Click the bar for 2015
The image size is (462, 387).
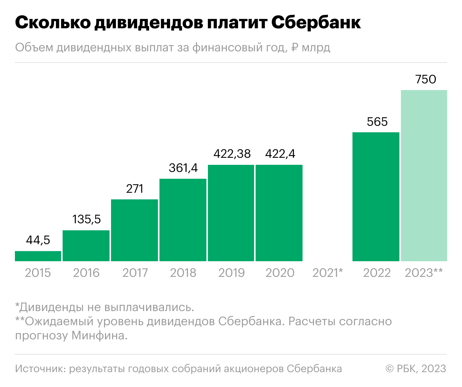[x=38, y=256]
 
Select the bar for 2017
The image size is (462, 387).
[x=135, y=230]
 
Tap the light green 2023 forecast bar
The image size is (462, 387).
[x=424, y=175]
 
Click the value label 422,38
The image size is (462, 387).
[x=232, y=154]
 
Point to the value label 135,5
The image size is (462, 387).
[x=86, y=219]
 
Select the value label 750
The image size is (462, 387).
[x=425, y=79]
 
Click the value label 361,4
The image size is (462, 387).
[x=183, y=168]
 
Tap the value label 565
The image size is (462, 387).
[x=377, y=122]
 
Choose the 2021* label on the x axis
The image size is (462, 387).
[x=327, y=273]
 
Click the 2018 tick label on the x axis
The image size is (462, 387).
[x=183, y=273]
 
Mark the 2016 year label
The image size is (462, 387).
[x=86, y=273]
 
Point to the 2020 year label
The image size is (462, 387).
[x=280, y=273]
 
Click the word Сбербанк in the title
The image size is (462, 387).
[x=316, y=23]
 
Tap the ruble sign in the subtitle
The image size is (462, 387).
[x=295, y=48]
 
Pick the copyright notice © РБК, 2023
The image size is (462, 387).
[x=416, y=368]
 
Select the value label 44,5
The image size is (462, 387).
[x=38, y=240]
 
